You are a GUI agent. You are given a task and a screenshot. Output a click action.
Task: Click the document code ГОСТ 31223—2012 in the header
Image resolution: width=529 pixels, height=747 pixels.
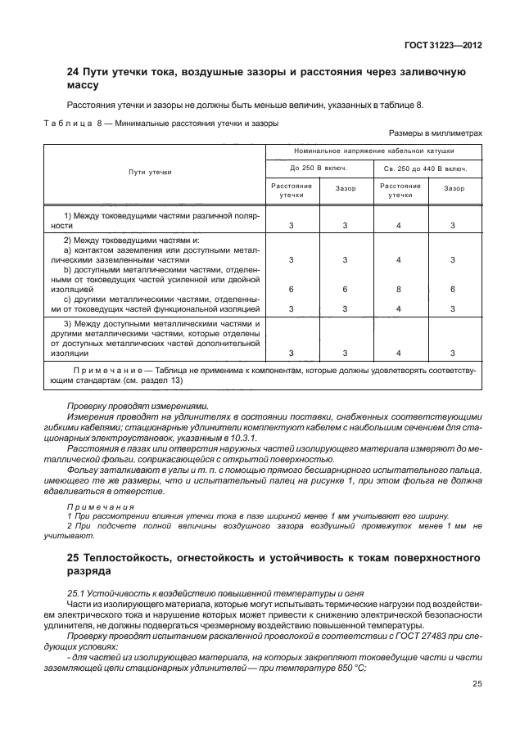442,46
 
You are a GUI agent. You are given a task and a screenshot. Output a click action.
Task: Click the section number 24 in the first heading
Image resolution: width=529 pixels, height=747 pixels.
73,73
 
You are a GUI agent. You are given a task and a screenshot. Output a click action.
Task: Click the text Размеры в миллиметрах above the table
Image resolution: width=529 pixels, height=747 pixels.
435,133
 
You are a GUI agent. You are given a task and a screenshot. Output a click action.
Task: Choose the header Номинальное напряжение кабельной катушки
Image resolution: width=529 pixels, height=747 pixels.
374,152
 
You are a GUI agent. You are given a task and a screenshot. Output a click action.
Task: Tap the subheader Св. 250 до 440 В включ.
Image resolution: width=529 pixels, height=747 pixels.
427,168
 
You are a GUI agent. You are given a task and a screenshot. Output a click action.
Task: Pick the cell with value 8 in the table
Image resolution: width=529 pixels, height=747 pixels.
399,290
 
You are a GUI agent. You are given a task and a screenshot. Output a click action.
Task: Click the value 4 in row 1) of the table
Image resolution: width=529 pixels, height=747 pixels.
399,225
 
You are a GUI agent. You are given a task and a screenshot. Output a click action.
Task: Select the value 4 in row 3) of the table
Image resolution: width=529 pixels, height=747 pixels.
399,353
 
